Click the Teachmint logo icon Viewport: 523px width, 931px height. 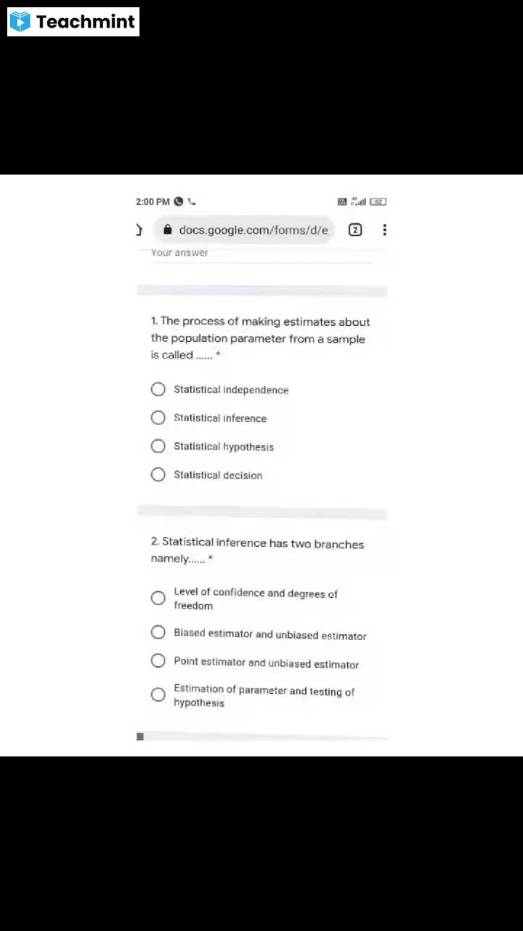click(20, 22)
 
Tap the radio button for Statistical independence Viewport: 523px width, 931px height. click(158, 389)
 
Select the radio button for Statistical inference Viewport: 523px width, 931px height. click(158, 417)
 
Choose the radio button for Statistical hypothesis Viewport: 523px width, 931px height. click(158, 446)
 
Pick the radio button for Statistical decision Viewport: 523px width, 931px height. click(158, 474)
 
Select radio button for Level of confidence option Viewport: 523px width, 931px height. click(158, 598)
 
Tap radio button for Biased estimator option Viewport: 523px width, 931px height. click(158, 632)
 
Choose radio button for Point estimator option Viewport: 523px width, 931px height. click(158, 660)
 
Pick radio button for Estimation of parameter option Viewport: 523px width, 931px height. click(158, 695)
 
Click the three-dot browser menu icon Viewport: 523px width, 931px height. click(384, 230)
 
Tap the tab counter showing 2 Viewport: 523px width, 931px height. click(355, 230)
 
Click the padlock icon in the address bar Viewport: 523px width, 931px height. click(168, 230)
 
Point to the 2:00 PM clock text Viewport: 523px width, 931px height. click(153, 201)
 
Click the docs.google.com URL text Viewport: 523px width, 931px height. click(254, 230)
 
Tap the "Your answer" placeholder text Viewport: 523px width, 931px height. click(179, 253)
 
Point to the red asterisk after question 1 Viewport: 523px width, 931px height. click(218, 354)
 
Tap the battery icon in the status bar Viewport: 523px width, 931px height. click(378, 201)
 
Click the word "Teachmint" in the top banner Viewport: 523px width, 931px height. click(86, 22)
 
